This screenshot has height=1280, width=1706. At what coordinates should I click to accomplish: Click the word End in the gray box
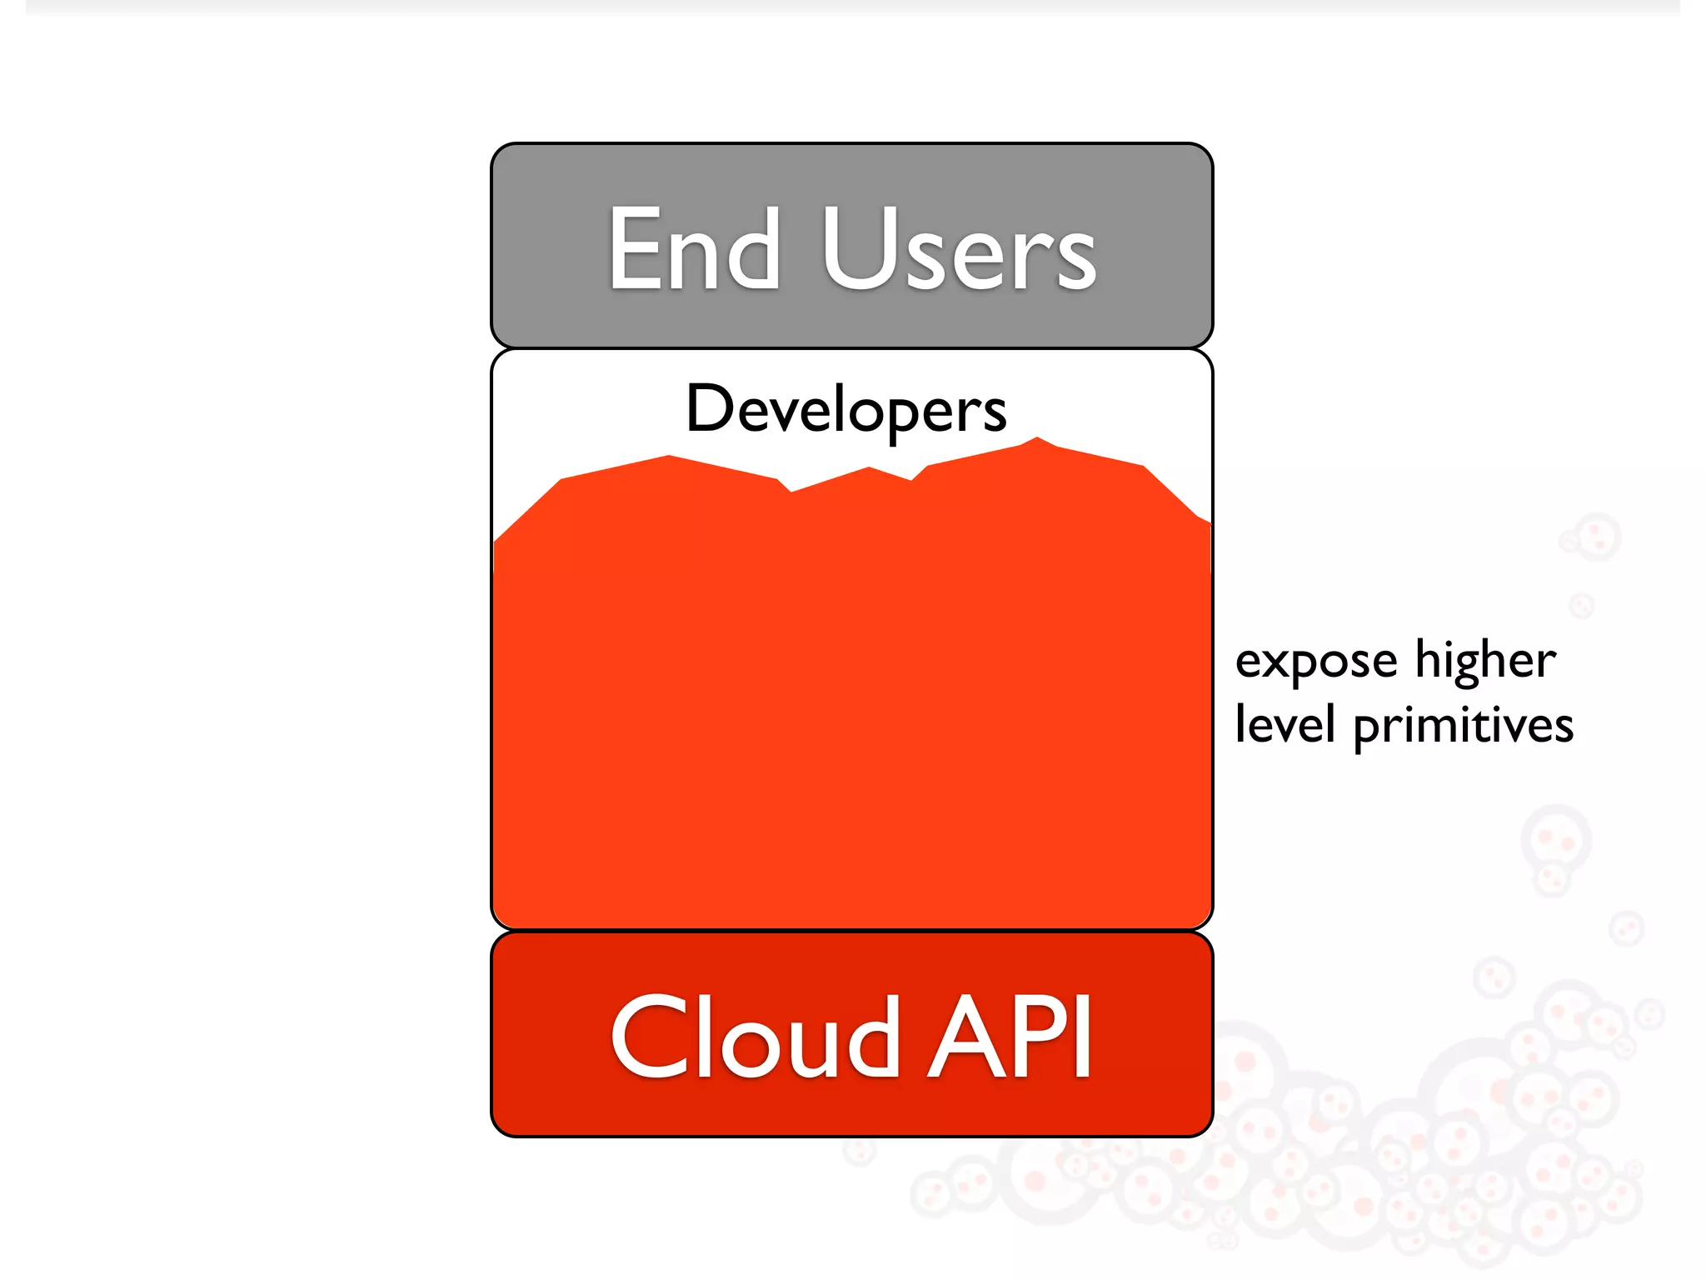tap(694, 249)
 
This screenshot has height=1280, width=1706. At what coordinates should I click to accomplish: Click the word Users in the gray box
tap(959, 249)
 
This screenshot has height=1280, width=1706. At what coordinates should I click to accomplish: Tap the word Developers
tap(846, 409)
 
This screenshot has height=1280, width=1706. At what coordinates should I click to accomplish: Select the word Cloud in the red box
tap(755, 1037)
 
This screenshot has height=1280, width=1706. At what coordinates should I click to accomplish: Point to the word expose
tap(1315, 662)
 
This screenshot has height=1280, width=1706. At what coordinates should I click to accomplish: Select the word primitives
tap(1463, 725)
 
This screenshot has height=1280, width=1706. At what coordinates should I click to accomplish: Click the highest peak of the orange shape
tap(1037, 438)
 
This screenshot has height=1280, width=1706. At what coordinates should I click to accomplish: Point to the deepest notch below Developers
tap(791, 491)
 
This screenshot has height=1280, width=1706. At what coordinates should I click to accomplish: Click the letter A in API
tap(966, 1037)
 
